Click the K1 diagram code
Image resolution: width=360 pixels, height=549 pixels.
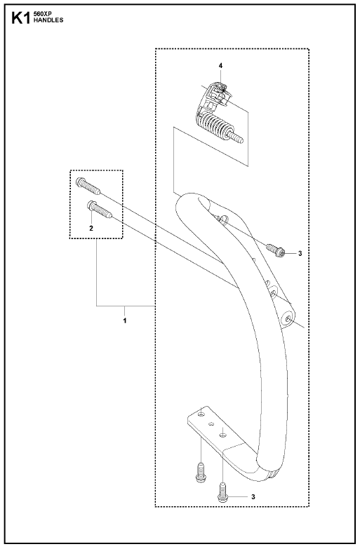pyautogui.click(x=21, y=18)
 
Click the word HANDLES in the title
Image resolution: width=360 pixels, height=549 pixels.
pyautogui.click(x=48, y=20)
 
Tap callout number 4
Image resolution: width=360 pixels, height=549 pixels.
pyautogui.click(x=220, y=65)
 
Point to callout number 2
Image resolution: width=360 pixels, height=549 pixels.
pyautogui.click(x=91, y=229)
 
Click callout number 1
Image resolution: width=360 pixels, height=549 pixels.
pyautogui.click(x=125, y=320)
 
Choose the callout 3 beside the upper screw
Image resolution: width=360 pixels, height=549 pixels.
pyautogui.click(x=300, y=253)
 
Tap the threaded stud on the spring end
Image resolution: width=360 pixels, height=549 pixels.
pyautogui.click(x=237, y=137)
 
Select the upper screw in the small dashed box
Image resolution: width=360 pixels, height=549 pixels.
pyautogui.click(x=88, y=186)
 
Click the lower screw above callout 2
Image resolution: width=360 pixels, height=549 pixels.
pyautogui.click(x=99, y=209)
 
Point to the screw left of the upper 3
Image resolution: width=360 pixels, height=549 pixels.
pyautogui.click(x=276, y=250)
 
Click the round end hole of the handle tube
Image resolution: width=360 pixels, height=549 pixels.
pyautogui.click(x=288, y=319)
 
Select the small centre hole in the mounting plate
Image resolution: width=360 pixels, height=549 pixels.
pyautogui.click(x=211, y=424)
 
